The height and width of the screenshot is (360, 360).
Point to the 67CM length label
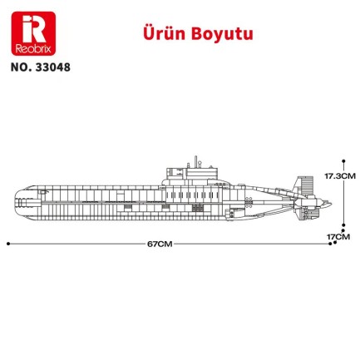160,244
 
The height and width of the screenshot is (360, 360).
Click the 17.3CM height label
340,176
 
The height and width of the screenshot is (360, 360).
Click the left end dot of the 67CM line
7,244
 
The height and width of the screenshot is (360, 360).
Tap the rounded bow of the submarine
18,200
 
